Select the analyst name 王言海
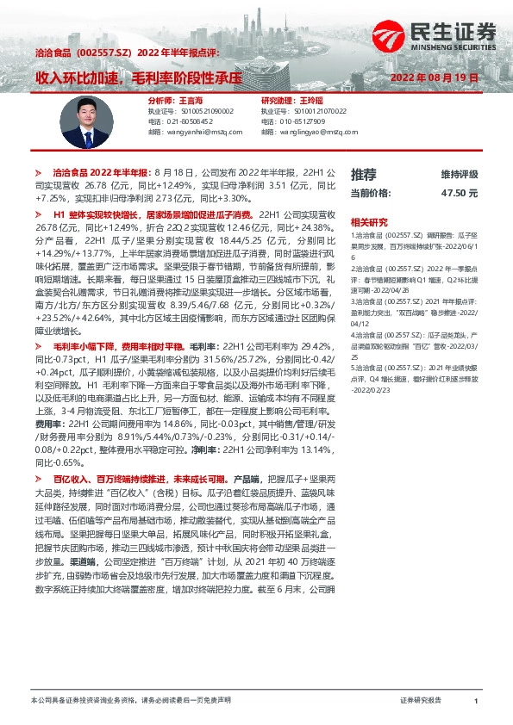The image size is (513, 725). [x=167, y=100]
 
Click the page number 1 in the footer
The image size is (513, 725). [x=475, y=702]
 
